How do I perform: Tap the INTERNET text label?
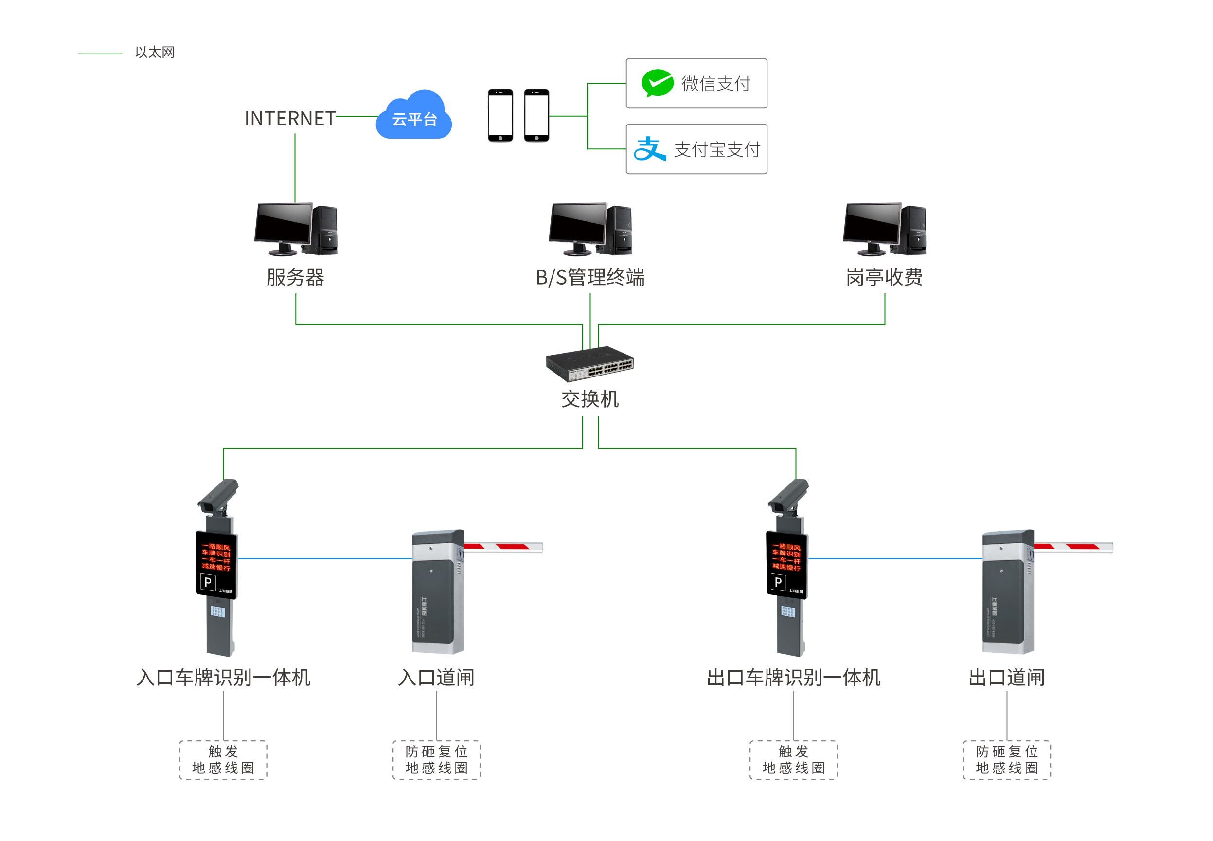point(290,119)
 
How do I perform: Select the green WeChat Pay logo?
point(657,83)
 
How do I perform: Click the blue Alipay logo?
point(649,149)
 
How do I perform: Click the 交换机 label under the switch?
point(589,399)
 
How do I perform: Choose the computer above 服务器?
point(296,229)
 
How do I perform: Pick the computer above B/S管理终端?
point(589,229)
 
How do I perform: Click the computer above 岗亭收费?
point(884,229)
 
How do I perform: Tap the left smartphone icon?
point(500,115)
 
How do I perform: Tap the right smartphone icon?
point(536,115)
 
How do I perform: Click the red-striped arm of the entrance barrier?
point(503,547)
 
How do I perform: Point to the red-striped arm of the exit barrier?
point(1073,547)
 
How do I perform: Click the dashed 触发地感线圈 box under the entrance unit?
point(223,759)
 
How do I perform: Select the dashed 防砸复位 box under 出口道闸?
point(1006,759)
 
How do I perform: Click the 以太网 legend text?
point(154,52)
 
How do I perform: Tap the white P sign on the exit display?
point(778,582)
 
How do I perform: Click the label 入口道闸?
point(436,677)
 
